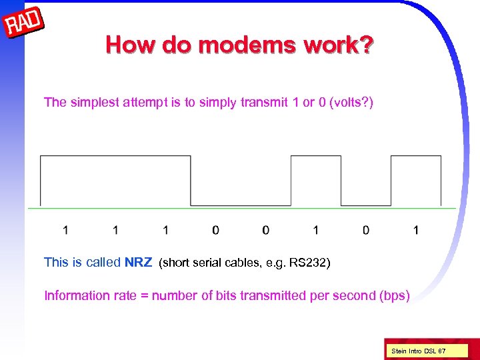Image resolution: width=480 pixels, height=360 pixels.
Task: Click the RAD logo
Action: pos(25,25)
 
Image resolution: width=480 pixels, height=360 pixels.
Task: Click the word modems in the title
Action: pos(246,45)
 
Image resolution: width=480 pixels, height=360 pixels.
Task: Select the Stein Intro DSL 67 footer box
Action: pos(419,350)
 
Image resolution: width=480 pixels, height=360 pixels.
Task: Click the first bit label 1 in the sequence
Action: pos(65,230)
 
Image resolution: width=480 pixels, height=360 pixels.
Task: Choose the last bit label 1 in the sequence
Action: pos(416,230)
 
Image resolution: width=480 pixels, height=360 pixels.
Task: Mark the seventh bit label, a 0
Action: pos(366,230)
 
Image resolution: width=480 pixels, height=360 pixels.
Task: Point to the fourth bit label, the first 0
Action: pos(215,230)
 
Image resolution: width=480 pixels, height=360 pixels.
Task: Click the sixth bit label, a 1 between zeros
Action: pos(315,230)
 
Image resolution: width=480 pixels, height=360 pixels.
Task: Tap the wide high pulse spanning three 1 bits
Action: pos(115,157)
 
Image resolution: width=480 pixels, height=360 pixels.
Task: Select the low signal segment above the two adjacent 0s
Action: pos(241,205)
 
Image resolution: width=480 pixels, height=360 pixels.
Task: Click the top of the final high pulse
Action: pos(415,157)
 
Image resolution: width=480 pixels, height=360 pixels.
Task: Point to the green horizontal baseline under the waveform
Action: pos(240,209)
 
